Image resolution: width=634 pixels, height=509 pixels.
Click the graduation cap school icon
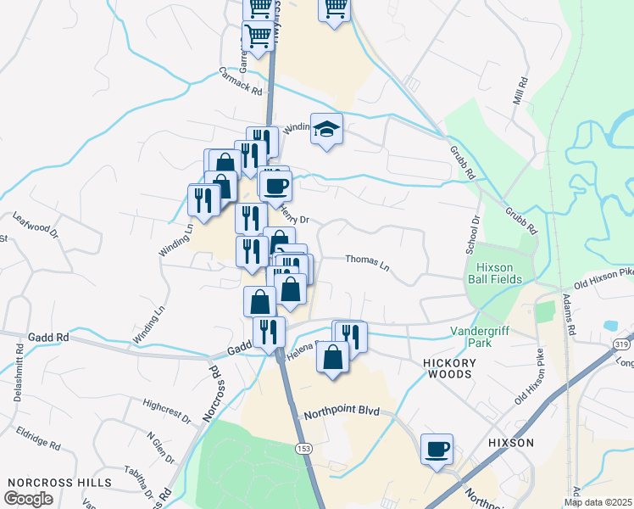click(x=326, y=130)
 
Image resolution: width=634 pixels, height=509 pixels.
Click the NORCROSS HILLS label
click(x=59, y=482)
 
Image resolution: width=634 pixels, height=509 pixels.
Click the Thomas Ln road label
click(x=367, y=264)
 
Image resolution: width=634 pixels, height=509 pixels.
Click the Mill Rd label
click(x=520, y=92)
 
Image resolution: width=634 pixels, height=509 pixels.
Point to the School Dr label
click(x=475, y=230)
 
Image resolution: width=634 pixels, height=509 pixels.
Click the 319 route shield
click(x=621, y=341)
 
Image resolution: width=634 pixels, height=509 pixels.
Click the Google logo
click(x=28, y=498)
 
